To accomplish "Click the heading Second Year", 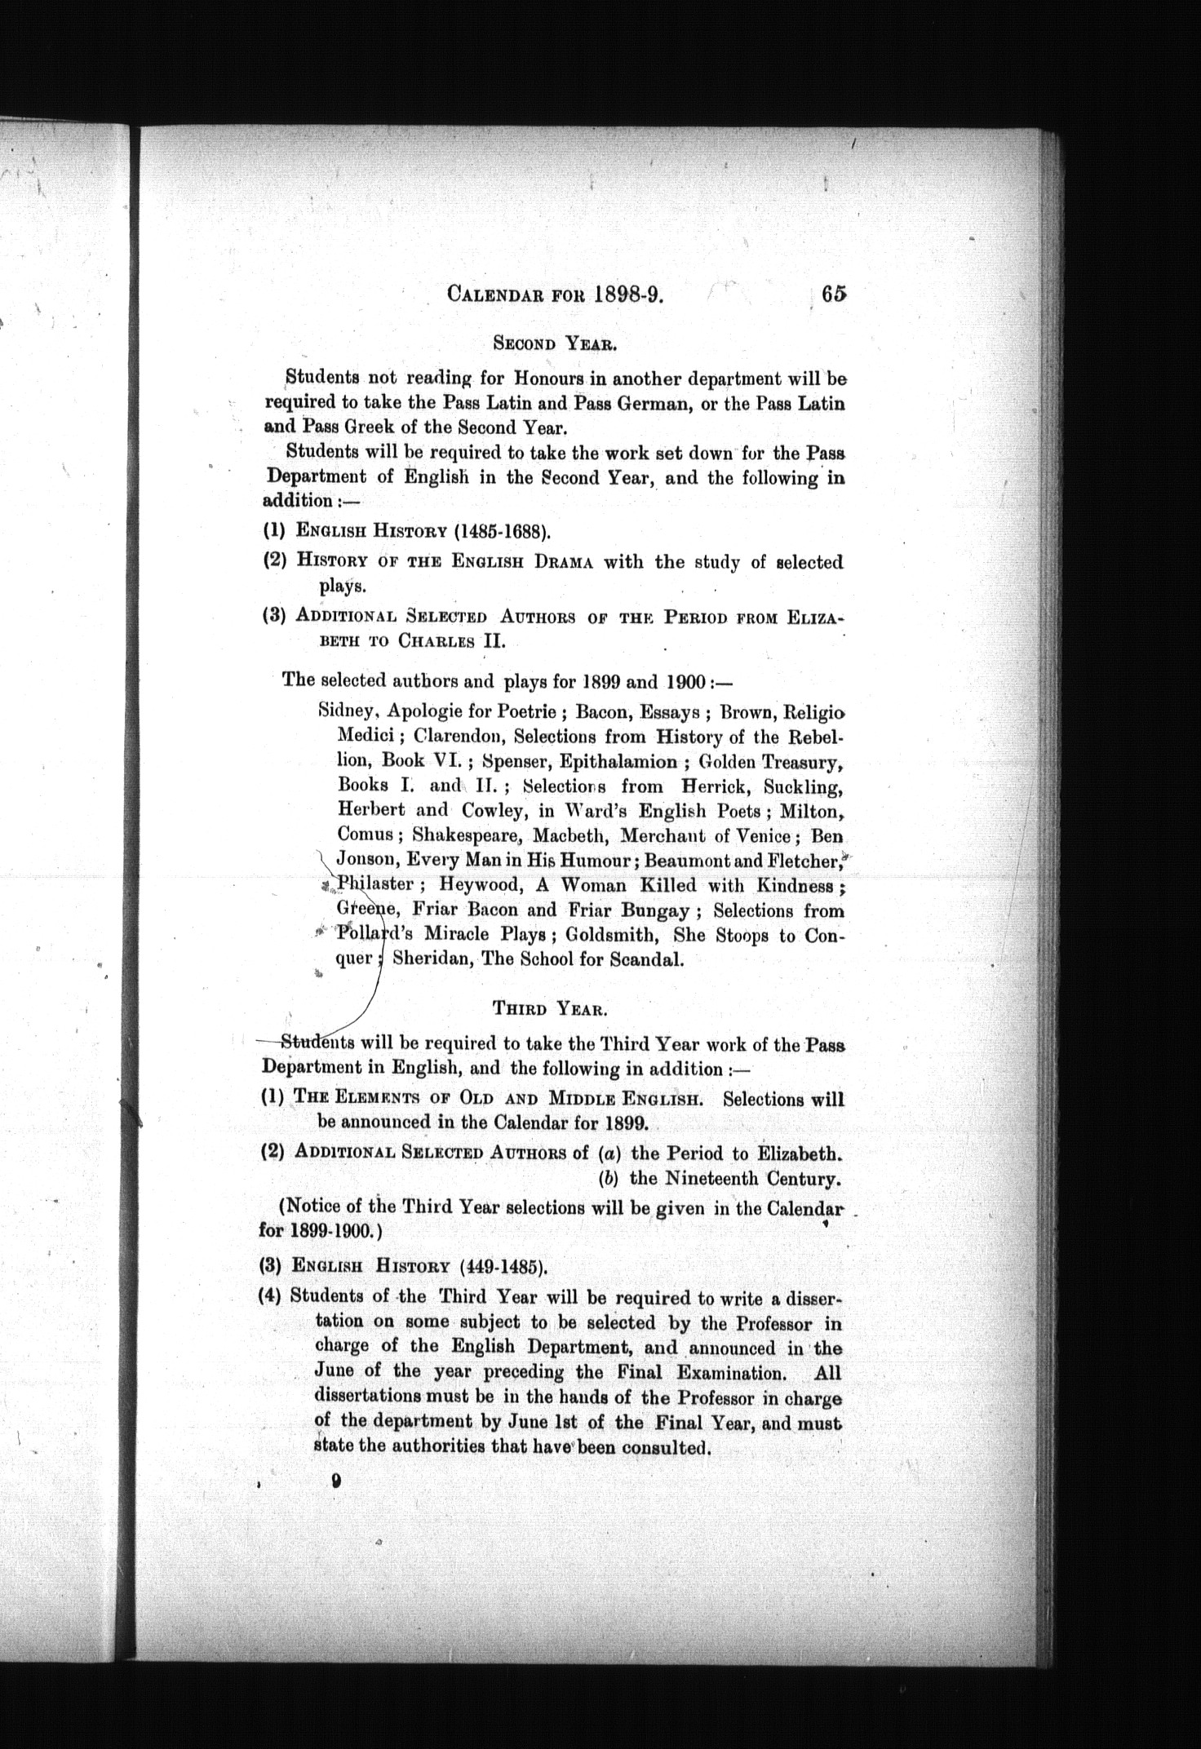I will [554, 343].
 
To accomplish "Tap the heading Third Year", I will [550, 1008].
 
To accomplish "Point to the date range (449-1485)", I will [503, 1267].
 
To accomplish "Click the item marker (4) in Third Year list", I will [272, 1296].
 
